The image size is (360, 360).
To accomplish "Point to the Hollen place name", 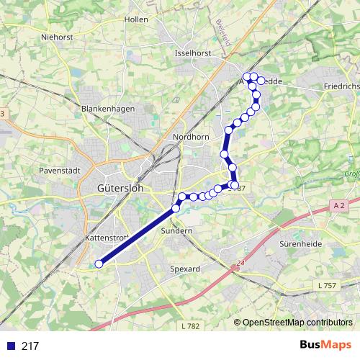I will click(x=136, y=19).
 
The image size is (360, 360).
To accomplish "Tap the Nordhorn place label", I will click(x=191, y=137).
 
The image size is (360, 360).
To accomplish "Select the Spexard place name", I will click(x=184, y=268).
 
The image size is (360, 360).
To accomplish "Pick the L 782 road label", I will click(x=190, y=326).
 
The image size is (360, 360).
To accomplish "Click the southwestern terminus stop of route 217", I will click(x=99, y=264).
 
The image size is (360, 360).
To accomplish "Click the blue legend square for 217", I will click(x=10, y=346).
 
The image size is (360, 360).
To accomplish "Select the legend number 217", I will click(x=30, y=346).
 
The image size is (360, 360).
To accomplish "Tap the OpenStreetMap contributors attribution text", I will click(x=297, y=323).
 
